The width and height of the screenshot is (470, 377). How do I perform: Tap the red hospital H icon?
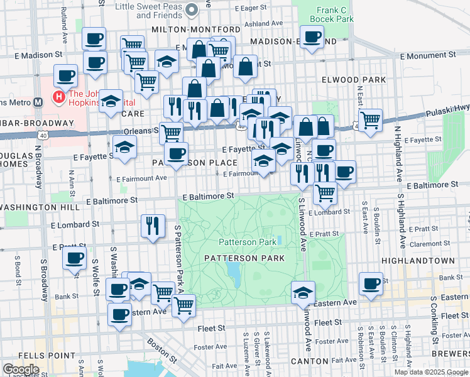coord(58,98)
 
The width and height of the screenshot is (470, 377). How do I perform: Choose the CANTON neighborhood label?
coord(309,361)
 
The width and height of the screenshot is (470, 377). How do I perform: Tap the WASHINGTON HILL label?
coord(39,207)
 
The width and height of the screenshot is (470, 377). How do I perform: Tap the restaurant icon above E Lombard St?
coord(153,226)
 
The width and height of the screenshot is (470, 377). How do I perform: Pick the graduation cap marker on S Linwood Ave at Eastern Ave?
coord(303,292)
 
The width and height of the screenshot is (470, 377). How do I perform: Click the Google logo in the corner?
coord(21,369)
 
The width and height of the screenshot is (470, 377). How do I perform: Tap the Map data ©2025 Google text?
coord(431,372)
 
